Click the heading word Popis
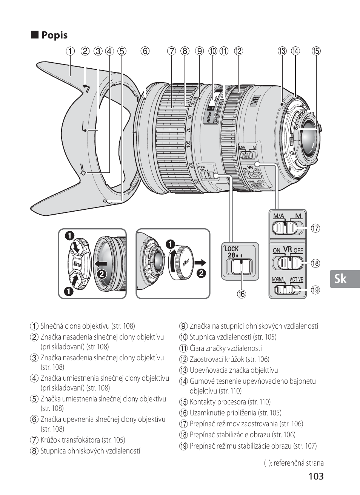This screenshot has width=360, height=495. (x=54, y=35)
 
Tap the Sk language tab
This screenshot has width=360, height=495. (x=340, y=279)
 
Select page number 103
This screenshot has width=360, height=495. (x=315, y=476)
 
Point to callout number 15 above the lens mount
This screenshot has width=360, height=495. (x=316, y=51)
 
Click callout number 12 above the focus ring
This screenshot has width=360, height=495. (x=238, y=51)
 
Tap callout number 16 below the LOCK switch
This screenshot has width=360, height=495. (x=241, y=294)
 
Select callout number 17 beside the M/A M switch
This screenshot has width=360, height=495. (x=315, y=228)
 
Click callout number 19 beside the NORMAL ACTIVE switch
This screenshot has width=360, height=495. (x=315, y=290)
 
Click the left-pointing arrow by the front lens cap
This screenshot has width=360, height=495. (x=101, y=263)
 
